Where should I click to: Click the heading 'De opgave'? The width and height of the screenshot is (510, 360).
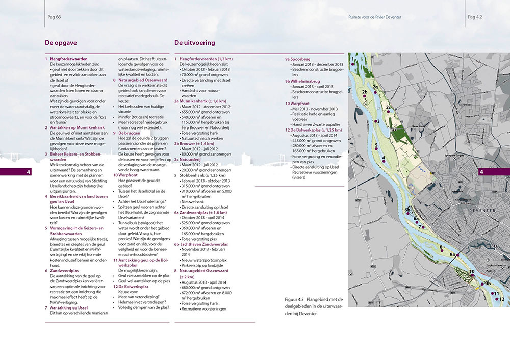coord(61,43)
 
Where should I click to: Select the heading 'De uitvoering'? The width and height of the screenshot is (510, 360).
coord(194,43)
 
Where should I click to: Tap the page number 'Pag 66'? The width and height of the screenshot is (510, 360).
coord(54,17)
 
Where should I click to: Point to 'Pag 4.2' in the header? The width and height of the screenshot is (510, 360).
coord(475,17)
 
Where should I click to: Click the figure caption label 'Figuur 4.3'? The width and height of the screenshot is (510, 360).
coord(295,299)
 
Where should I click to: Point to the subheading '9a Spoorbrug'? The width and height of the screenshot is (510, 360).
coord(303,59)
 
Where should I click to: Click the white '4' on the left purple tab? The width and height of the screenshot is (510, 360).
coord(29,173)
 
